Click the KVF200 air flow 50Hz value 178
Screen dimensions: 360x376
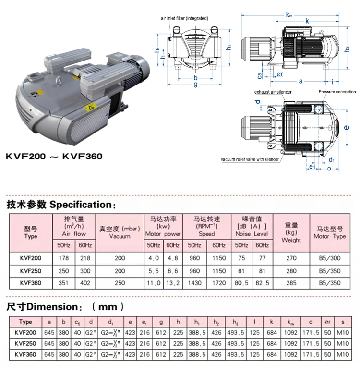pyautogui.click(x=63, y=258)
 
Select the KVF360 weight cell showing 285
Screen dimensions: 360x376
pyautogui.click(x=291, y=283)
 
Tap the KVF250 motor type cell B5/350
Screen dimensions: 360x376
pyautogui.click(x=330, y=271)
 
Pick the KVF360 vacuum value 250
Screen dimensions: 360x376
pyautogui.click(x=120, y=283)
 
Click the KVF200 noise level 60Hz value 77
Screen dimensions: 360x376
pyautogui.click(x=262, y=258)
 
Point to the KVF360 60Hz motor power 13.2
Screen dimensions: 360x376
pyautogui.click(x=173, y=283)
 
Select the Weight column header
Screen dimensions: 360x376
pyautogui.click(x=291, y=232)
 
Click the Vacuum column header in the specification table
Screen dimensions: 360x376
pyautogui.click(x=120, y=232)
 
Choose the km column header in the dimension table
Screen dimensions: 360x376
pyautogui.click(x=290, y=322)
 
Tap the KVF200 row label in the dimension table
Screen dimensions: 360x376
pyautogui.click(x=25, y=333)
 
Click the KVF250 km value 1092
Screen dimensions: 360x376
pyautogui.click(x=290, y=344)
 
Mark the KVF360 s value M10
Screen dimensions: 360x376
pyautogui.click(x=343, y=355)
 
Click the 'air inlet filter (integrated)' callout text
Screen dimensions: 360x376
pyautogui.click(x=184, y=18)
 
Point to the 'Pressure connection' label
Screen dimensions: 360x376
pyautogui.click(x=337, y=92)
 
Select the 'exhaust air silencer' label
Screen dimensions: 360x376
pyautogui.click(x=273, y=92)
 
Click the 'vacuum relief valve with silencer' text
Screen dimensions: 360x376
pyautogui.click(x=250, y=159)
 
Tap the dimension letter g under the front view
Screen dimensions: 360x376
pyautogui.click(x=196, y=85)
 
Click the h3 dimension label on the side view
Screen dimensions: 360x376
pyautogui.click(x=347, y=49)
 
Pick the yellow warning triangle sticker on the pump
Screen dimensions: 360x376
pyautogui.click(x=90, y=107)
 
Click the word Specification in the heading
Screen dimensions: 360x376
pyautogui.click(x=81, y=205)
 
